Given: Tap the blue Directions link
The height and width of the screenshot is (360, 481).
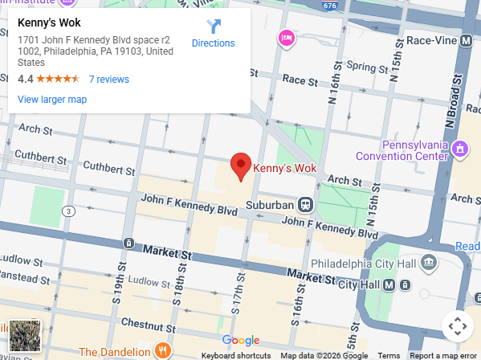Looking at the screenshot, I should [213, 43].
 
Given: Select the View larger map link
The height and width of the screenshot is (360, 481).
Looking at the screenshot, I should [52, 100].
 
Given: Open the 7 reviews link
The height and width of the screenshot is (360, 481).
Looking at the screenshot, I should [108, 80].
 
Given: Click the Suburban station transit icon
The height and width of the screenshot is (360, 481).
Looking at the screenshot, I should [305, 205].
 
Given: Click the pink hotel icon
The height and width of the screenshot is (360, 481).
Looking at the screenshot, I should [286, 37].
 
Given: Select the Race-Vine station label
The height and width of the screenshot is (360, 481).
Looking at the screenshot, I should [434, 40].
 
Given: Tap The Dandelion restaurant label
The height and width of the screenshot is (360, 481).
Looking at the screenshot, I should [114, 352].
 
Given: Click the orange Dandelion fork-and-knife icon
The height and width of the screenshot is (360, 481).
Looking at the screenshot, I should [163, 351].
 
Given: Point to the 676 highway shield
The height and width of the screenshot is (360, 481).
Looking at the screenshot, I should [329, 6].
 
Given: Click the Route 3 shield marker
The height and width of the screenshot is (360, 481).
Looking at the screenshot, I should [70, 211].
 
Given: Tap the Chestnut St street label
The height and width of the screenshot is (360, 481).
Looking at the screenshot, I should [142, 324].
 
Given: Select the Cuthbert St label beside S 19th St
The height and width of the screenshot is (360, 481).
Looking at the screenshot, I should [109, 169].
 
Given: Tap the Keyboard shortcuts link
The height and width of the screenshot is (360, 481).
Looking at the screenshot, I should [235, 355].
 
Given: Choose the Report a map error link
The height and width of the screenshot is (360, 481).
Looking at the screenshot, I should [443, 355].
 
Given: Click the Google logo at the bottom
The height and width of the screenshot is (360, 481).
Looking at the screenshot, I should [241, 341].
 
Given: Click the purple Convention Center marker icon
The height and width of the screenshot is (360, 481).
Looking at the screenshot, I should [460, 149].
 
